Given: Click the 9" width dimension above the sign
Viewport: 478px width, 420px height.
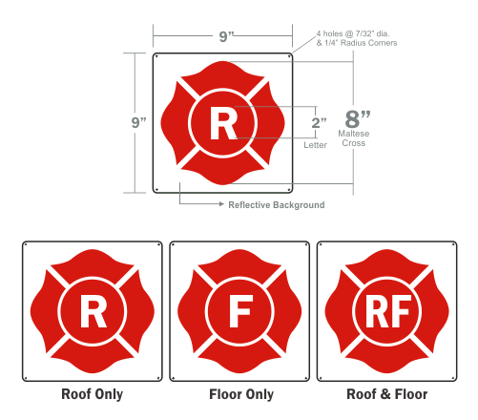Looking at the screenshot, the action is click(227, 36).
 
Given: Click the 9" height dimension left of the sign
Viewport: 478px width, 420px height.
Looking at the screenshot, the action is click(138, 122).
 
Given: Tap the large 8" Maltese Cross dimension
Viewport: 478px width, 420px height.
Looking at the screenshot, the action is click(358, 119).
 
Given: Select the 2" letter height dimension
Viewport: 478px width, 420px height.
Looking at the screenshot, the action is click(319, 123).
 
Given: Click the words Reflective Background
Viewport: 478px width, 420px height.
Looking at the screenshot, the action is click(277, 205).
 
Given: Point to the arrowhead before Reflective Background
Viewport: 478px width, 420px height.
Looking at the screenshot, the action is click(221, 204).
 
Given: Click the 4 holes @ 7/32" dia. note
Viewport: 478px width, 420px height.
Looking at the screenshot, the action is click(353, 33).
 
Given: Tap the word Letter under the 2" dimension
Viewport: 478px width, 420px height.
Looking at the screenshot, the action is click(315, 145).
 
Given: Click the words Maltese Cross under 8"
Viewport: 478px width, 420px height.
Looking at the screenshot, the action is click(354, 138).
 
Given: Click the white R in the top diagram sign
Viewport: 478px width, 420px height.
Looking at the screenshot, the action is click(223, 123).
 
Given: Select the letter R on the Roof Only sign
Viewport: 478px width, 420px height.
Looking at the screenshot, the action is click(94, 311).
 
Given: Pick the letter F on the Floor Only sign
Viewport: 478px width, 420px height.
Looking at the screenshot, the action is click(240, 311).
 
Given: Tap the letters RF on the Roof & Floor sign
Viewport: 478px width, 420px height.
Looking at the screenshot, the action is click(388, 311).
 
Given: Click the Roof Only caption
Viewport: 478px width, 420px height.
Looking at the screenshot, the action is click(92, 394).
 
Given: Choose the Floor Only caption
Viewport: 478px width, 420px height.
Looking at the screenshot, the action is click(241, 394).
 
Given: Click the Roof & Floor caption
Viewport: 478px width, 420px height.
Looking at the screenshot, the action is click(387, 394).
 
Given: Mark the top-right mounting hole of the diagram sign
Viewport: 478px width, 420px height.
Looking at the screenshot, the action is click(289, 56).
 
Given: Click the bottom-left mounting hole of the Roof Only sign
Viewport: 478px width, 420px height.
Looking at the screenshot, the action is click(26, 378).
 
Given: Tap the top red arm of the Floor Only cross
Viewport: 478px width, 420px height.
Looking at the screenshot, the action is click(239, 263).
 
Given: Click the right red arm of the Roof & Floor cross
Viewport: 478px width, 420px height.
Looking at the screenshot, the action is click(435, 311).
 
